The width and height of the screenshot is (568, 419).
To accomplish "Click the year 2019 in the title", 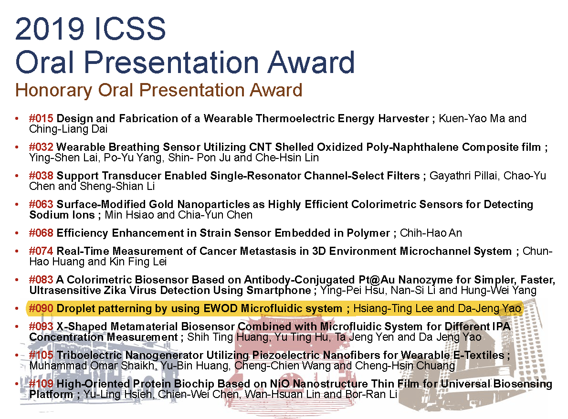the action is pyautogui.click(x=50, y=29).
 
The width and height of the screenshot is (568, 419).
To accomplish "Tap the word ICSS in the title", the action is pyautogui.click(x=129, y=29).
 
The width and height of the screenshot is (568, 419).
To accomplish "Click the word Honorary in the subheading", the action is pyautogui.click(x=53, y=91).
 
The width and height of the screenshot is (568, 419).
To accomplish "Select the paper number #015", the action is pyautogui.click(x=42, y=118).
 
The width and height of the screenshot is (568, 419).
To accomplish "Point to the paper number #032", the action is pyautogui.click(x=42, y=147).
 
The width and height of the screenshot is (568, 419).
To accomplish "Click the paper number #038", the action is pyautogui.click(x=42, y=176).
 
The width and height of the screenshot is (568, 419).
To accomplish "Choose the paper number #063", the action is pyautogui.click(x=42, y=204).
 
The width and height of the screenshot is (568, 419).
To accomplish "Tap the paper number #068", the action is pyautogui.click(x=42, y=233).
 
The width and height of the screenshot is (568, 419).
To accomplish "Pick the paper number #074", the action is pyautogui.click(x=42, y=251).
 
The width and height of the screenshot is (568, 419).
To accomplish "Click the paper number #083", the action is pyautogui.click(x=42, y=280).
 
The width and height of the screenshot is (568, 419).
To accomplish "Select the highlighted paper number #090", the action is pyautogui.click(x=42, y=309).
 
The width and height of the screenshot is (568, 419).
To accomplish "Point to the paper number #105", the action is pyautogui.click(x=42, y=355).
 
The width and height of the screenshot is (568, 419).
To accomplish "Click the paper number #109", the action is pyautogui.click(x=42, y=384).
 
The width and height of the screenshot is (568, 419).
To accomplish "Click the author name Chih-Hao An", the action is pyautogui.click(x=431, y=233).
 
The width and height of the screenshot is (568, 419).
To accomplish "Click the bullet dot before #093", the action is pyautogui.click(x=17, y=326).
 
